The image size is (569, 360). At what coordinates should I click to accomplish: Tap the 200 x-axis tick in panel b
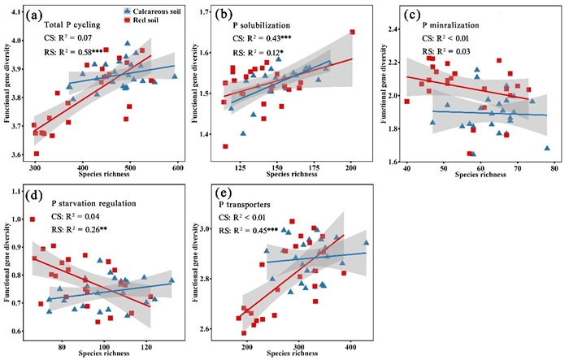350,167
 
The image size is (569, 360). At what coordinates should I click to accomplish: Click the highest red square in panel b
352,32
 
